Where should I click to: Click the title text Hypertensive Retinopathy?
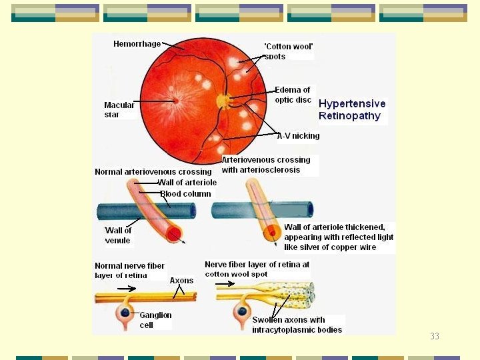pyautogui.click(x=352, y=110)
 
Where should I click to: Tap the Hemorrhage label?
pyautogui.click(x=137, y=44)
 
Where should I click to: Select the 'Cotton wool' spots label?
pyautogui.click(x=288, y=51)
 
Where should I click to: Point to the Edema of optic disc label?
pyautogui.click(x=293, y=95)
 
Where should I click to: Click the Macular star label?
pyautogui.click(x=119, y=110)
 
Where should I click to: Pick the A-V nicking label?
pyautogui.click(x=299, y=136)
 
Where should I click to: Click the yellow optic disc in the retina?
pyautogui.click(x=223, y=101)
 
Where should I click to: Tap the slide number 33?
pyautogui.click(x=435, y=336)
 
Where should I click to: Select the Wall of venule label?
pyautogui.click(x=118, y=235)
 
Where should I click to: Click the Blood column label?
pyautogui.click(x=185, y=194)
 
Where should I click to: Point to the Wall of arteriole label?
pyautogui.click(x=187, y=183)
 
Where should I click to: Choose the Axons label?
pyautogui.click(x=181, y=281)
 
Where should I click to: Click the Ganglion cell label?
pyautogui.click(x=155, y=320)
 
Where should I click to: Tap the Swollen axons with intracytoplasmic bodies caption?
pyautogui.click(x=297, y=325)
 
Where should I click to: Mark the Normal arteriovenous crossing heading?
pyautogui.click(x=153, y=172)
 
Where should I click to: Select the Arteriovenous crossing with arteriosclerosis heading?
pyautogui.click(x=266, y=165)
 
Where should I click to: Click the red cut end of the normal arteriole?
pyautogui.click(x=174, y=234)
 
